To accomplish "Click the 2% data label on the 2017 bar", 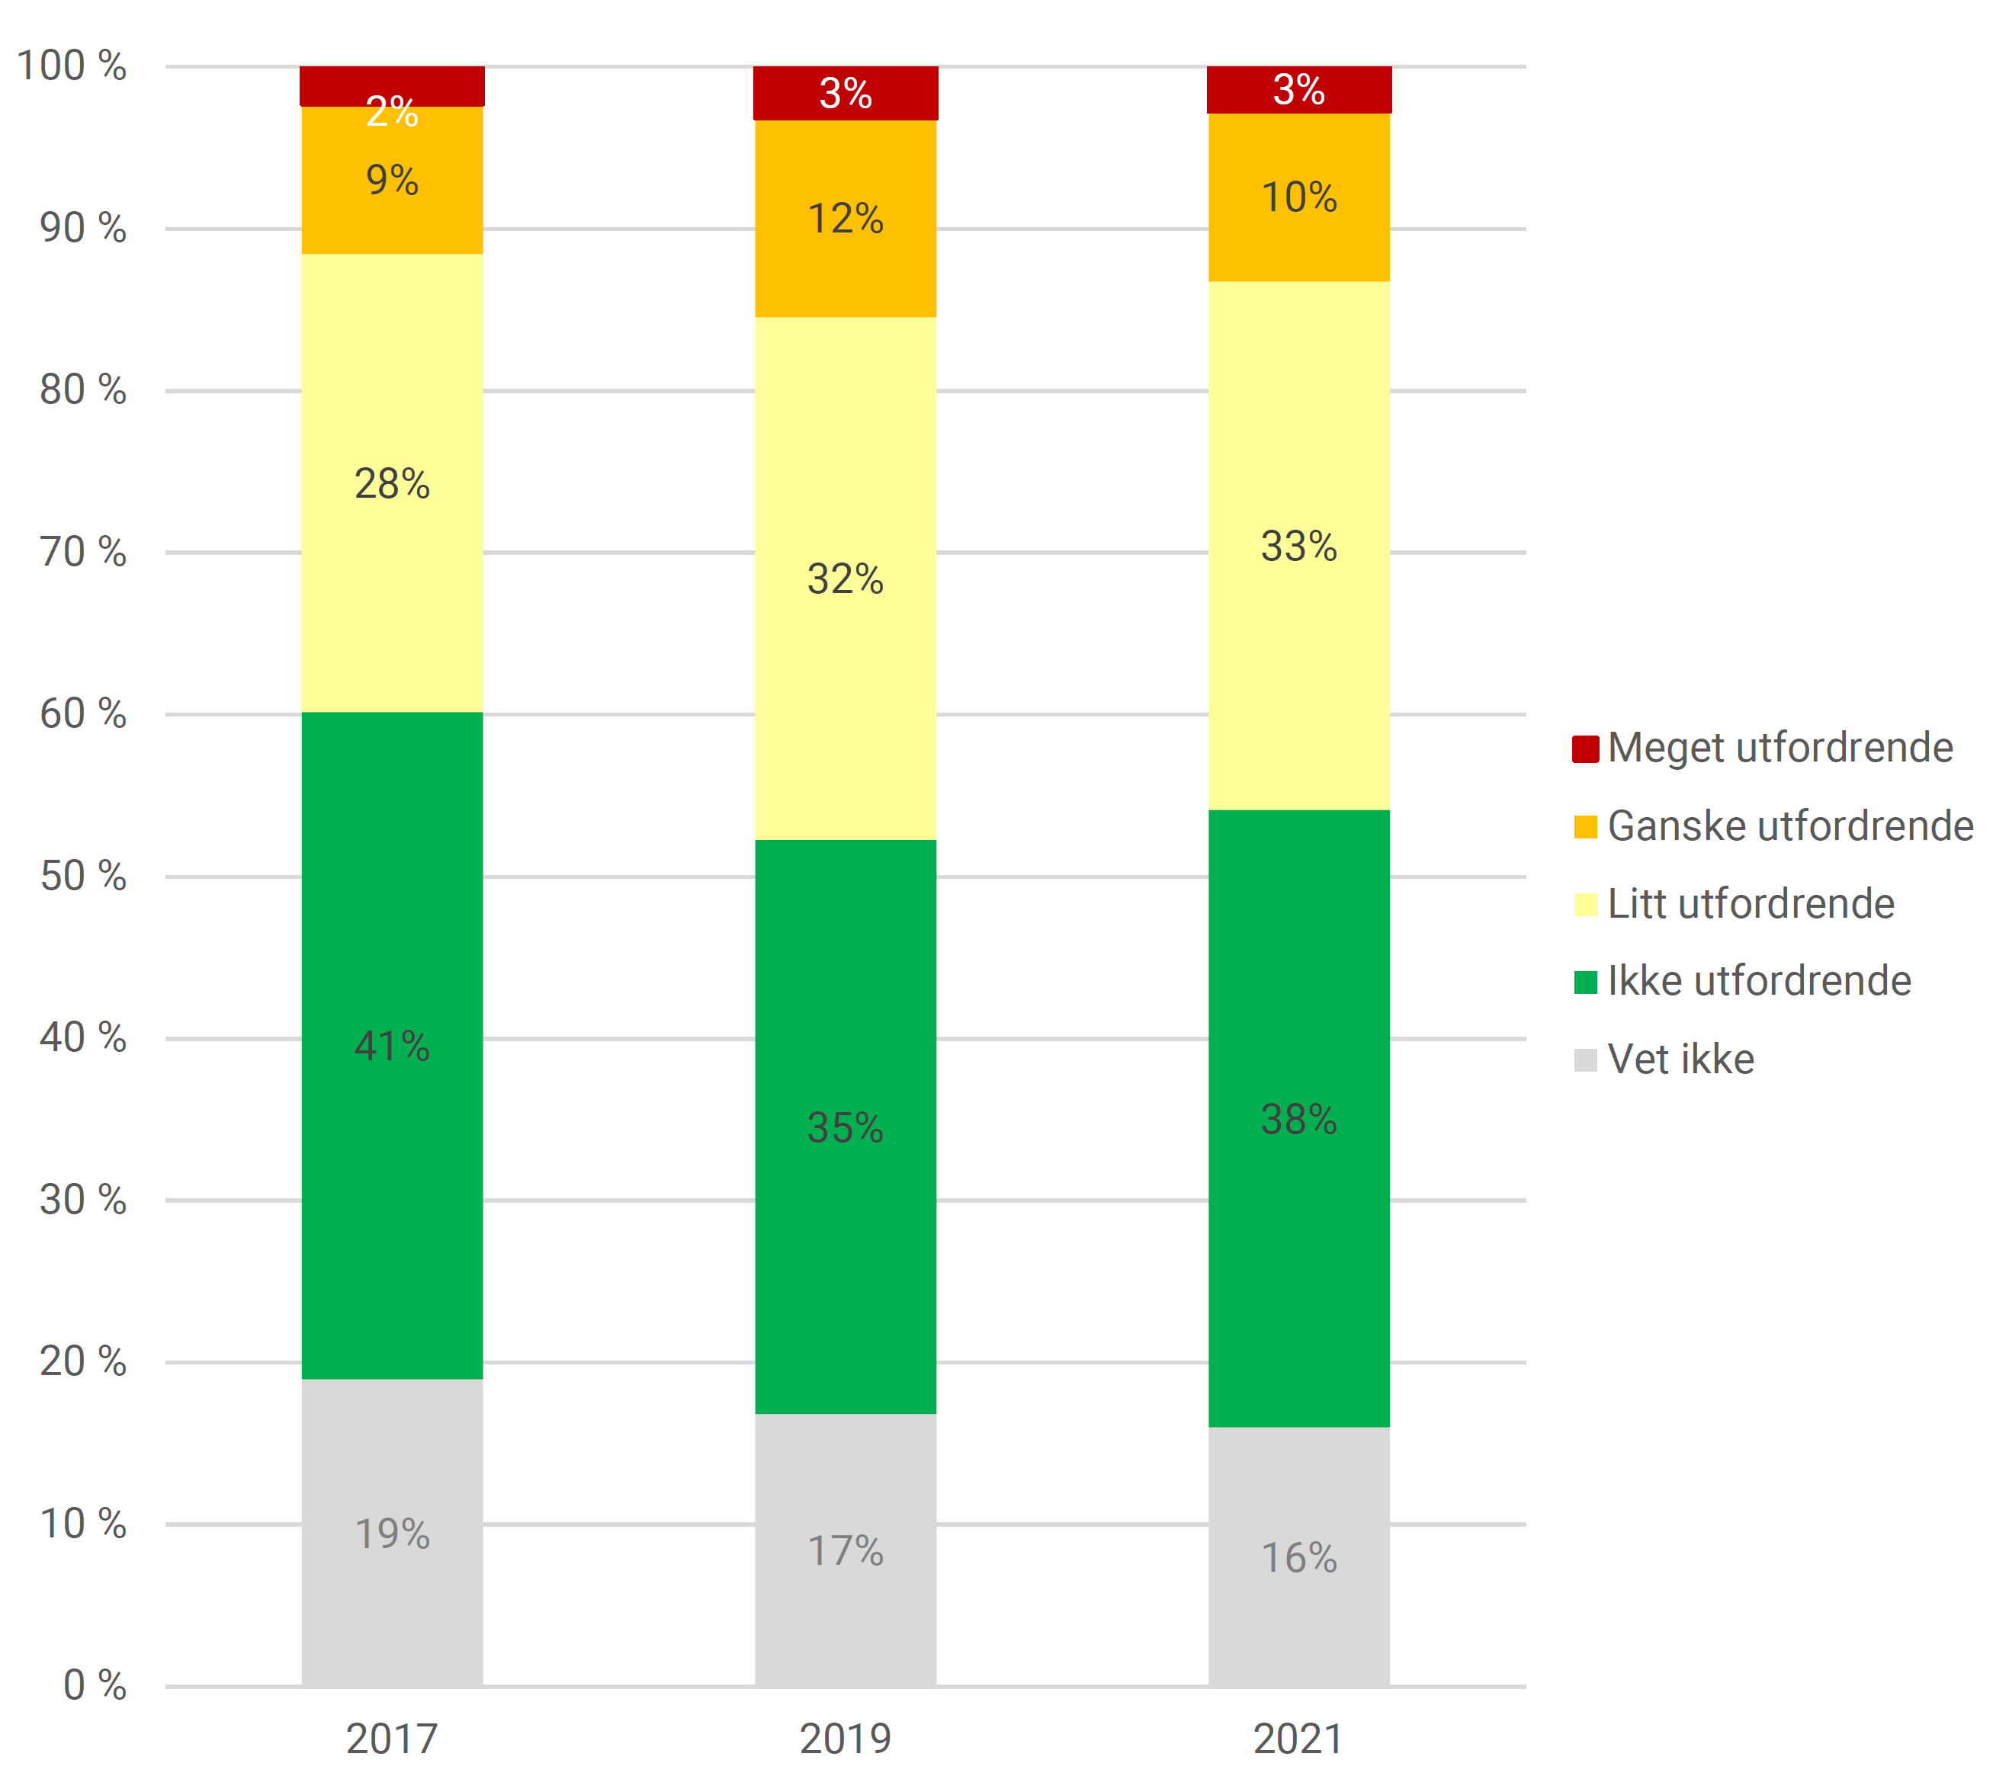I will (392, 112).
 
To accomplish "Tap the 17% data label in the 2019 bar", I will (846, 1551).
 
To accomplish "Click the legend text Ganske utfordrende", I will (1790, 826).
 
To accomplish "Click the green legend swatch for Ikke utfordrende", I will (1585, 982).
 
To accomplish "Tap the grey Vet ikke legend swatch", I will (1585, 1060).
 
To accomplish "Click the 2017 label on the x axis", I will (392, 1739).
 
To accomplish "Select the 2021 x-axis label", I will (1298, 1739).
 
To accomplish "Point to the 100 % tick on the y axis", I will (72, 67).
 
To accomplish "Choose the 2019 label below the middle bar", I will (846, 1739).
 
